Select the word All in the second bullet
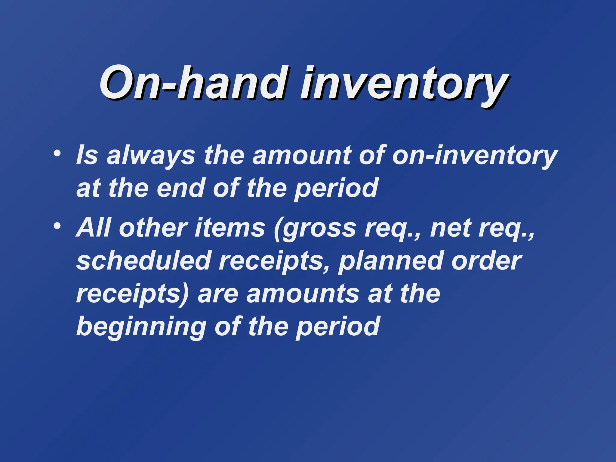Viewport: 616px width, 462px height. pyautogui.click(x=94, y=228)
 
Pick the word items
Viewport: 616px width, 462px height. pyautogui.click(x=230, y=228)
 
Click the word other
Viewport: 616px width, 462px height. pyautogui.click(x=153, y=228)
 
